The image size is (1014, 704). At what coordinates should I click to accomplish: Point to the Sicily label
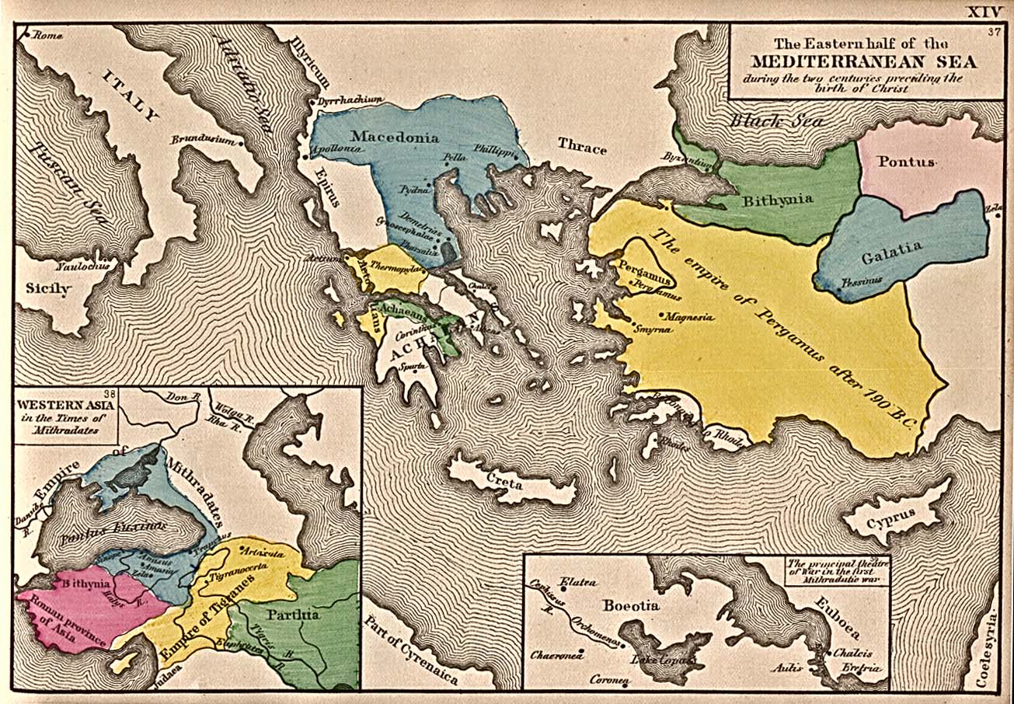tap(48, 288)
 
